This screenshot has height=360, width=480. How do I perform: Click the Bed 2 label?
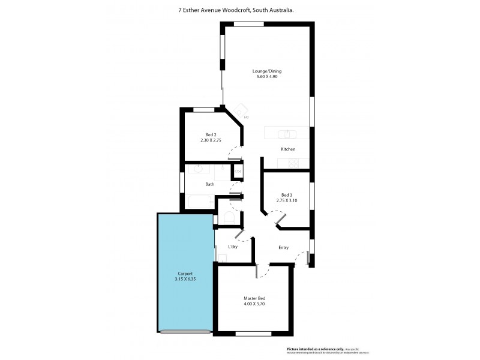211,134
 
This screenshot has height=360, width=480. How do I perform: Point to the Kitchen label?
288,149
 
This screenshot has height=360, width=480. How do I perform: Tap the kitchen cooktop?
293,163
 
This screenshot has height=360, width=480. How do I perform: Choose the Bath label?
209,184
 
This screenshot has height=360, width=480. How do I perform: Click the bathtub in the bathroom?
200,202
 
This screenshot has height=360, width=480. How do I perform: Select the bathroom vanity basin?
199,169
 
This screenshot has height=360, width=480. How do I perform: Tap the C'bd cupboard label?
238,173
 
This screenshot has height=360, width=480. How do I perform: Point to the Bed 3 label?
287,194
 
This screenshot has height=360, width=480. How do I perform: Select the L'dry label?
233,247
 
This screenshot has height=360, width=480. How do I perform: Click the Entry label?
283,247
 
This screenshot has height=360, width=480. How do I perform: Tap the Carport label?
184,274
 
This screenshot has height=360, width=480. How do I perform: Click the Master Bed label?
254,298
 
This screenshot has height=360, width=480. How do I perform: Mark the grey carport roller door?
185,331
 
